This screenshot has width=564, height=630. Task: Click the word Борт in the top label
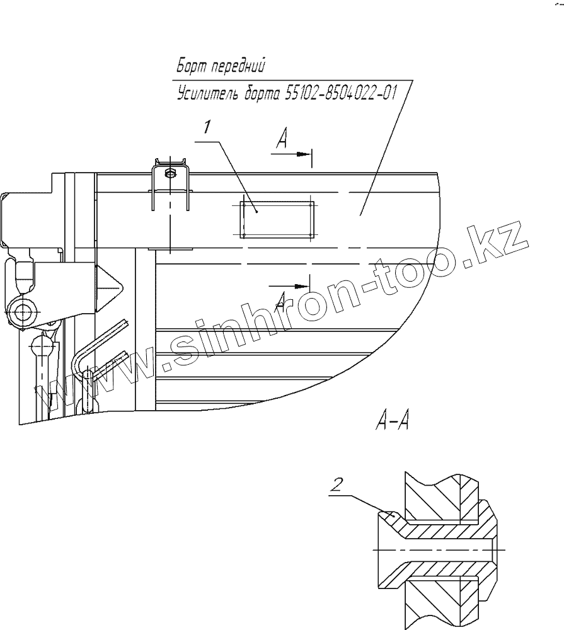pyautogui.click(x=188, y=66)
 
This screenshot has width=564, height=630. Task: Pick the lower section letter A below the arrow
pyautogui.click(x=282, y=296)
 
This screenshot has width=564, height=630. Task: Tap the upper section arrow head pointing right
pyautogui.click(x=306, y=154)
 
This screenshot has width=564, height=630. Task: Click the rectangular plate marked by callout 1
pyautogui.click(x=278, y=219)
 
